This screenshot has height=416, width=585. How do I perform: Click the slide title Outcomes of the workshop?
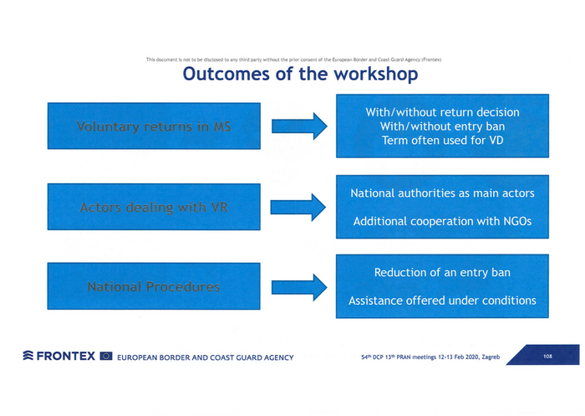pos(300,74)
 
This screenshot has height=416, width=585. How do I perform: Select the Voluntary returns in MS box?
pos(154,127)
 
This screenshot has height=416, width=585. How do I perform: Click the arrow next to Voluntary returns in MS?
pos(298,127)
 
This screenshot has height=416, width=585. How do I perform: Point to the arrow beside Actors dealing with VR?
pos(298,207)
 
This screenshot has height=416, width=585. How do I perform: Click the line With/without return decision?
pos(442,112)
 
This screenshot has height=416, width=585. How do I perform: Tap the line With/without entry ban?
pos(442,126)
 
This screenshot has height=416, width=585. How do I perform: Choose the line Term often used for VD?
pos(442,141)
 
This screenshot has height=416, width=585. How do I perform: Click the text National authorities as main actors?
pos(442,194)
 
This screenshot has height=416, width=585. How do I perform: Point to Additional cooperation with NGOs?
pos(442,221)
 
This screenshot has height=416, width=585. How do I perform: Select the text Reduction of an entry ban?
pos(442,273)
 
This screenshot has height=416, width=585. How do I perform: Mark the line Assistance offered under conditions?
pos(442,300)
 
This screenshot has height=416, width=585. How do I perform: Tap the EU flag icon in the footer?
pos(106,357)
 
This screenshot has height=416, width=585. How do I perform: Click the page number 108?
pos(547,357)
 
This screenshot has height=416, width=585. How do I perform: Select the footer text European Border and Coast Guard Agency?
pos(206,357)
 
